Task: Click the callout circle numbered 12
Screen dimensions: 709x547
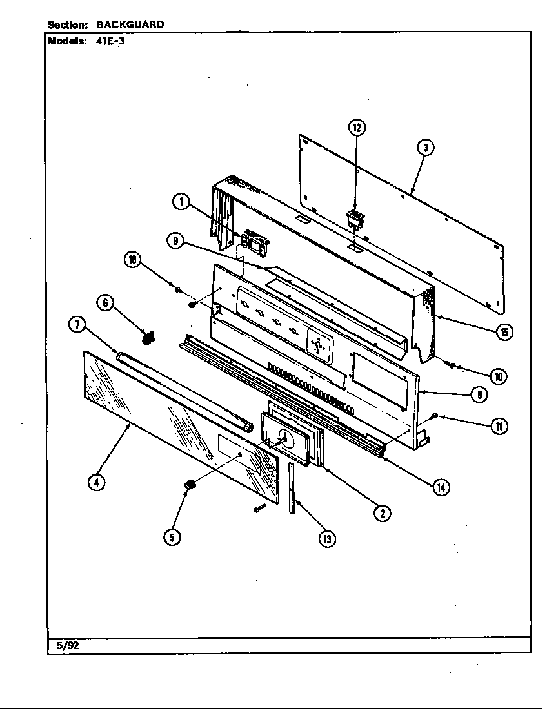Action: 357,128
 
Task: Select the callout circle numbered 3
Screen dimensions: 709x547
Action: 424,148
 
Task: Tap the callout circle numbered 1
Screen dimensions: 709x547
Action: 181,202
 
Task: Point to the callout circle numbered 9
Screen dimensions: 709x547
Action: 174,241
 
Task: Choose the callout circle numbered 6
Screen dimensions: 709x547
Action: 106,302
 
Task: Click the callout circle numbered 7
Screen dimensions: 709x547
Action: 77,325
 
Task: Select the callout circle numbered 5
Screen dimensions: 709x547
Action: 172,537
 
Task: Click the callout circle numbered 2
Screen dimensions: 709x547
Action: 382,512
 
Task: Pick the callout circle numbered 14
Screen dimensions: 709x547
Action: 441,487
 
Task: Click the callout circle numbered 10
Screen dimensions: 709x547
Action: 497,376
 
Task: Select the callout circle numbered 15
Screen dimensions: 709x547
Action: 504,332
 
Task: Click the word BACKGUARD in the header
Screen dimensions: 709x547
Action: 130,24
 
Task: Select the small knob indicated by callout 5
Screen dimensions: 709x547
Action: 190,484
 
